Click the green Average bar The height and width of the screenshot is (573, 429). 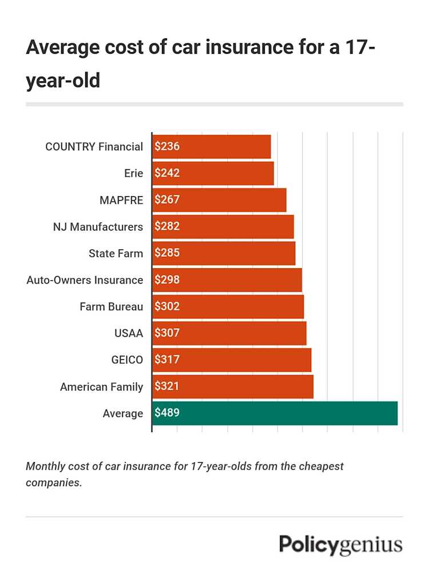tap(275, 413)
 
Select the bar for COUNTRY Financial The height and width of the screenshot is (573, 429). tap(212, 146)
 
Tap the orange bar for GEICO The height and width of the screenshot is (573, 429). tap(232, 360)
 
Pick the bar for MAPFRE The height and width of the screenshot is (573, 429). tap(219, 200)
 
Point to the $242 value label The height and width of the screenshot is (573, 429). tap(167, 173)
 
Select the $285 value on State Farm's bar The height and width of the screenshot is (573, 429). tap(167, 253)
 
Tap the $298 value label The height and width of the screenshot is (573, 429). tap(167, 280)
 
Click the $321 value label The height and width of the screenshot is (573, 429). tap(167, 387)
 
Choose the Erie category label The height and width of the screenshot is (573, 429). tap(133, 173)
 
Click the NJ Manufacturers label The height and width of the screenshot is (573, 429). tap(98, 227)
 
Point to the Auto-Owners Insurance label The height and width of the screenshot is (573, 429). tap(85, 280)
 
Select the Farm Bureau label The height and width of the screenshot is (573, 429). tap(111, 307)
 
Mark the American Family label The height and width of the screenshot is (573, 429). tap(101, 387)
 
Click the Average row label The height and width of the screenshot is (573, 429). tap(122, 413)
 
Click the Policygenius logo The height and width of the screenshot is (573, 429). tap(340, 544)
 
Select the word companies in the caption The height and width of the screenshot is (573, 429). tap(53, 482)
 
